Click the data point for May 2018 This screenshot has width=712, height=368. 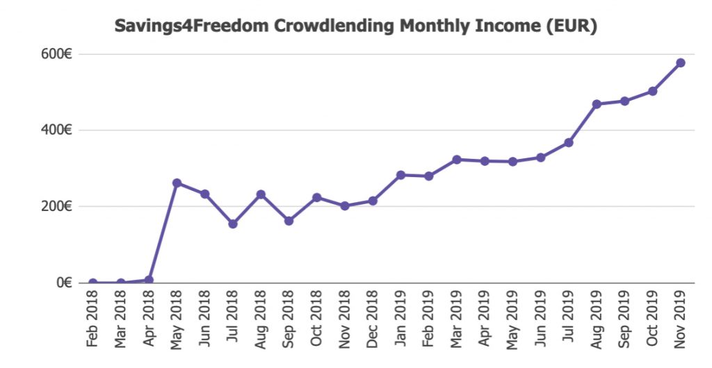[x=177, y=183]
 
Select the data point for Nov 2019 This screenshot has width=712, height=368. [x=680, y=62]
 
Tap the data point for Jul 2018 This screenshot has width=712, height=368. [x=233, y=224]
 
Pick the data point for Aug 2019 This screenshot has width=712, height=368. [x=597, y=104]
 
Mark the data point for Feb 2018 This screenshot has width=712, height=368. [x=92, y=283]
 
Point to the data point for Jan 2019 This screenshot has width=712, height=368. [x=400, y=175]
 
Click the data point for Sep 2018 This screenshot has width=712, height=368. [x=289, y=221]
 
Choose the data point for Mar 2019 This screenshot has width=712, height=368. [x=457, y=159]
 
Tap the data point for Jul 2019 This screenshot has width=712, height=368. [x=569, y=142]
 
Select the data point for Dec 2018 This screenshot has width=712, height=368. [x=373, y=201]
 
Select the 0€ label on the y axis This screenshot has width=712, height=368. [x=65, y=283]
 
